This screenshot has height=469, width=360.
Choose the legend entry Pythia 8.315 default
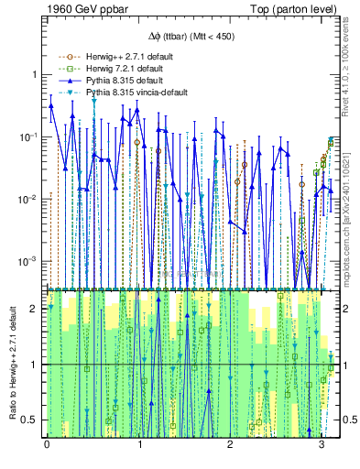[125, 81]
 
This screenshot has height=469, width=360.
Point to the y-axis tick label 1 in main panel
[34, 75]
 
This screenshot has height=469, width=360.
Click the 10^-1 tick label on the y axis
[29, 137]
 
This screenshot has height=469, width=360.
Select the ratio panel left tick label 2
[34, 308]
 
